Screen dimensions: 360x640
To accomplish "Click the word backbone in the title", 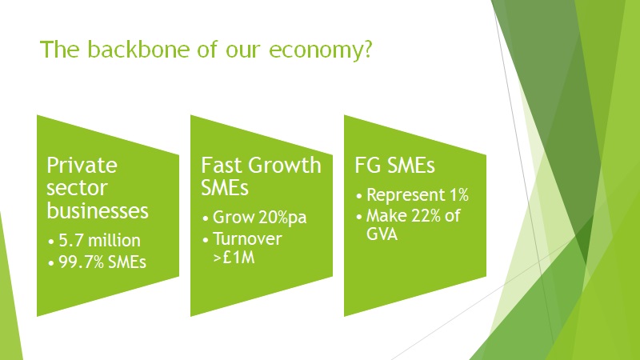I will (x=129, y=50).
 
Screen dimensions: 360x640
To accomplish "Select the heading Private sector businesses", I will (x=98, y=188).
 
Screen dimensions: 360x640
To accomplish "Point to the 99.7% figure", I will (x=78, y=261).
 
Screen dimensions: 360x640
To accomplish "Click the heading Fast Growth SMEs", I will (x=261, y=177).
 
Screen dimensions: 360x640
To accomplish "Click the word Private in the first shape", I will (x=82, y=166).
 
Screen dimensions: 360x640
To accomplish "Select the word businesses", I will (x=98, y=210).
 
